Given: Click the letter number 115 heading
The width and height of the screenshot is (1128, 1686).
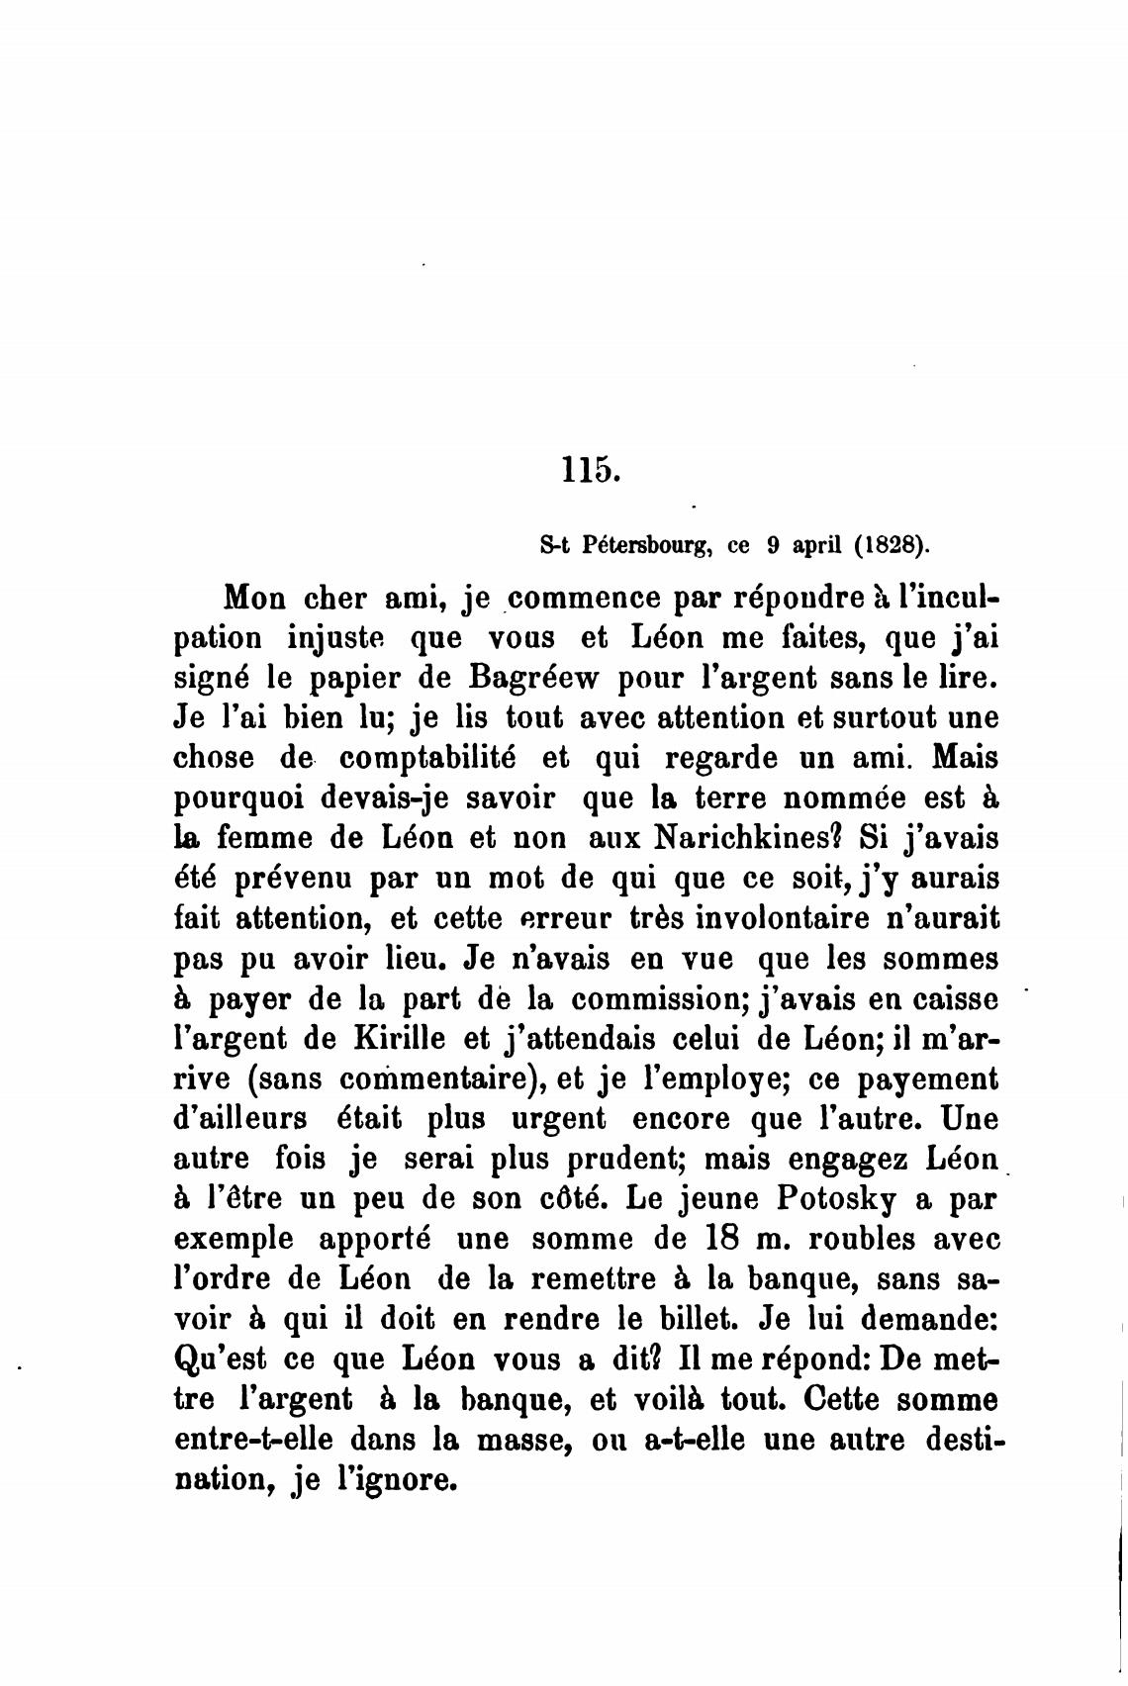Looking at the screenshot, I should click(x=591, y=469).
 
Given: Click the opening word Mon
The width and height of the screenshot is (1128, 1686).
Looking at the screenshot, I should click(x=255, y=599).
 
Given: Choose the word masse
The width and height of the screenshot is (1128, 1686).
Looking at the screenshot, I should click(x=525, y=1440).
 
